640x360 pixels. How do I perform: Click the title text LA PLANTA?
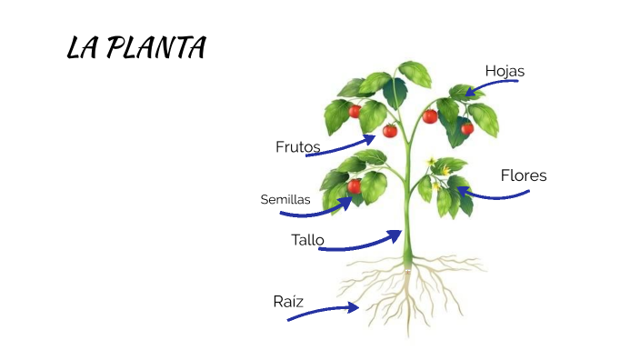136,48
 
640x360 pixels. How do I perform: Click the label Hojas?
505,71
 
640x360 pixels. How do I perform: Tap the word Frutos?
297,146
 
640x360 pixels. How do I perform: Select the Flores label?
524,175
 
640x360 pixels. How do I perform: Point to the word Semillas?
285,199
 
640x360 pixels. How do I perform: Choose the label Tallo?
307,240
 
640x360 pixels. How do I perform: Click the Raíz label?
287,301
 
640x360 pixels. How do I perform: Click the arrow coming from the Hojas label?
491,85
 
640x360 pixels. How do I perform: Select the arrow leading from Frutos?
341,147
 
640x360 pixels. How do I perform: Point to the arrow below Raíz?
322,312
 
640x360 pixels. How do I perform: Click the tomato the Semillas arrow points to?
355,186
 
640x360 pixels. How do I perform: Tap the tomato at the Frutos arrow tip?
390,131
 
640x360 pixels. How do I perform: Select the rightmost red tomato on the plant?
467,128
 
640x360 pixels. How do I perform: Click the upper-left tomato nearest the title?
355,111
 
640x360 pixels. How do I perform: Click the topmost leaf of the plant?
415,73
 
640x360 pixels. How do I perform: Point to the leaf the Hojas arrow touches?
463,92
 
